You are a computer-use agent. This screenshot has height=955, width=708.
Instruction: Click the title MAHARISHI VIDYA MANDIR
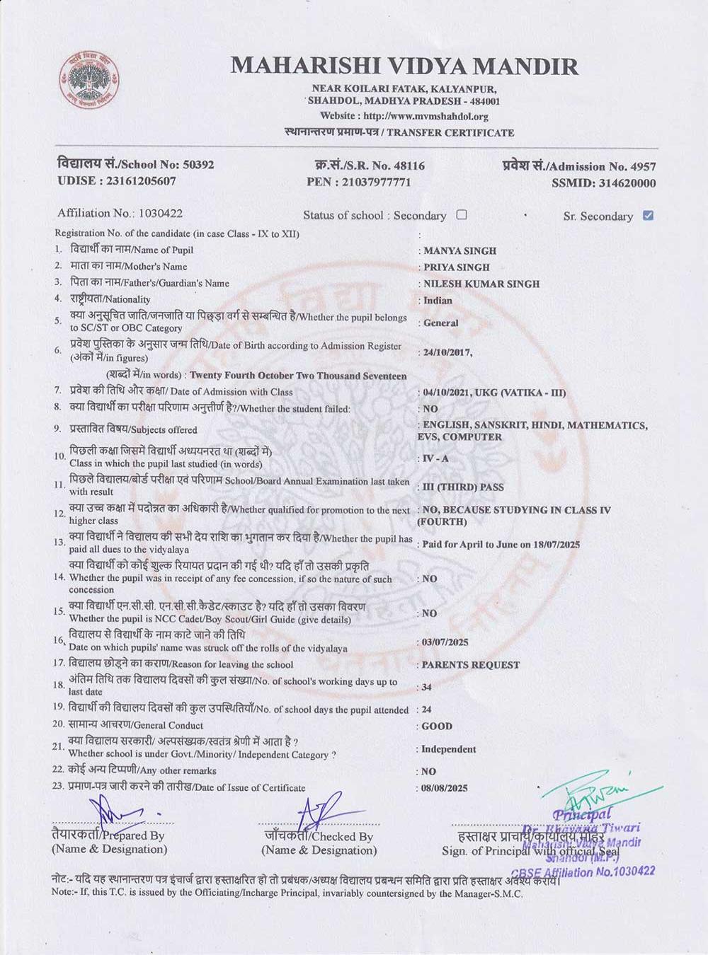pos(404,66)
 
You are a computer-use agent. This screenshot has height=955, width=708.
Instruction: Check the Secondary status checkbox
pos(462,214)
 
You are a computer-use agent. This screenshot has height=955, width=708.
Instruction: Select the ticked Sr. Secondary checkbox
pos(648,215)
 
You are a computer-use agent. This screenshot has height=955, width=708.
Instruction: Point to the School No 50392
pos(198,165)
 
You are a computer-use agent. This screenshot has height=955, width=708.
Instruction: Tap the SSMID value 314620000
pos(622,183)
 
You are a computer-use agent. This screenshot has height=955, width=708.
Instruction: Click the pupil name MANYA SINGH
pos(459,250)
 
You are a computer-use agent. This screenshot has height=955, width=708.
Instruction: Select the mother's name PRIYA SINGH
pos(456,267)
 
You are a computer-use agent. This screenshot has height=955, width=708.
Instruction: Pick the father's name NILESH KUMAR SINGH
pos(481,284)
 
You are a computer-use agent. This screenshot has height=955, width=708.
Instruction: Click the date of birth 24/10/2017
pos(446,352)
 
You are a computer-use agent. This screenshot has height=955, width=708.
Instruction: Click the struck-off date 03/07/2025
pos(445,642)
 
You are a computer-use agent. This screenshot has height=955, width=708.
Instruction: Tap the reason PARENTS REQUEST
pos(470,665)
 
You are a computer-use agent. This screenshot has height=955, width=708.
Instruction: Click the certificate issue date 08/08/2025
pos(445,788)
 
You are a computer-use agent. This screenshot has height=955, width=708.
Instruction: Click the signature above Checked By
pos(322,806)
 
